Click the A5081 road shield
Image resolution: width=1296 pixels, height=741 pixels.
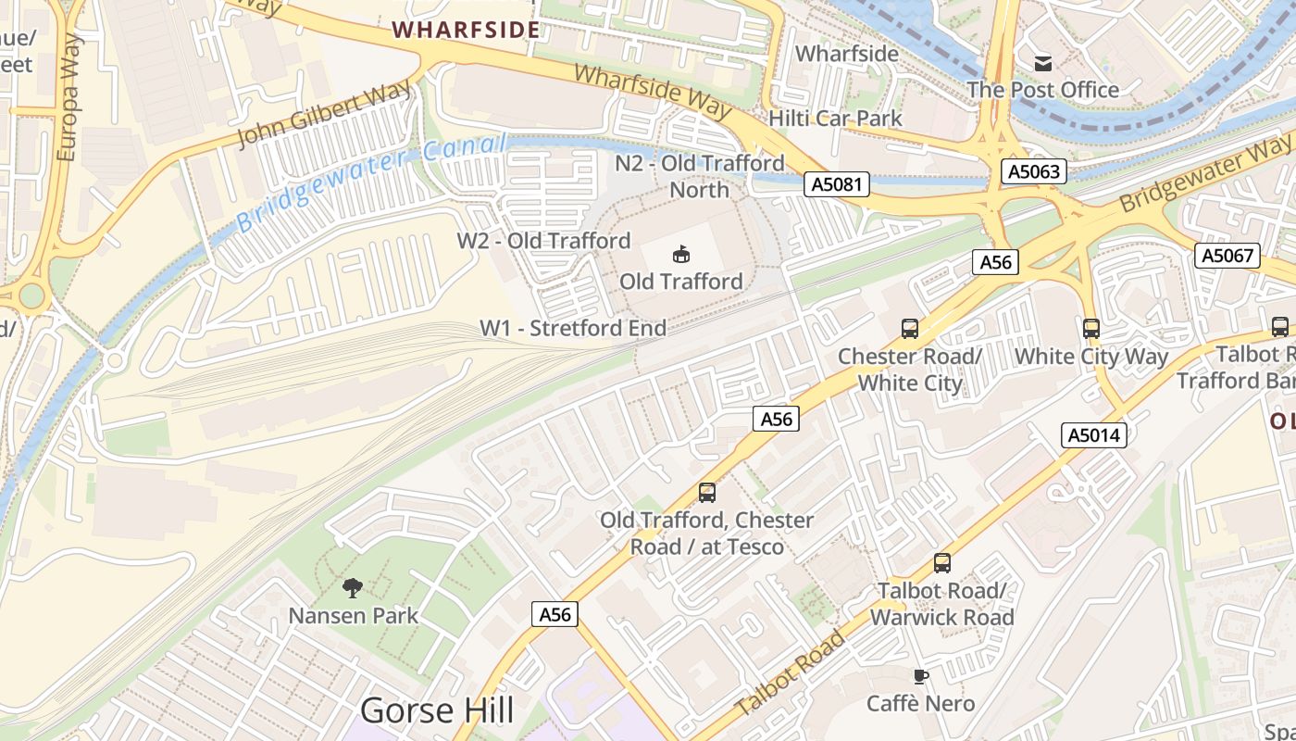click(x=837, y=184)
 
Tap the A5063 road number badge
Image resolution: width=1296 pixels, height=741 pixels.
click(x=1033, y=171)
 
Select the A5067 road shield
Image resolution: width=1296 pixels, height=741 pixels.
click(x=1227, y=256)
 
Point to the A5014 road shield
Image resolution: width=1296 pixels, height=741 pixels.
click(x=1095, y=435)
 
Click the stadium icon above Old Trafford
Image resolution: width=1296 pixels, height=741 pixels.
click(x=681, y=253)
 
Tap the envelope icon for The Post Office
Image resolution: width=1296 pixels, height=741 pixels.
click(x=1043, y=63)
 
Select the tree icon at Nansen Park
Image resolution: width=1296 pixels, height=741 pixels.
click(x=352, y=587)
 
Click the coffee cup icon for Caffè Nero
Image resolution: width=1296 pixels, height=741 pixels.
click(x=920, y=675)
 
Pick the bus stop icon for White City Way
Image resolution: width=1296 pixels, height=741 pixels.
click(x=1091, y=328)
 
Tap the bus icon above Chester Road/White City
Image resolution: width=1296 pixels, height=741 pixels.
click(x=910, y=328)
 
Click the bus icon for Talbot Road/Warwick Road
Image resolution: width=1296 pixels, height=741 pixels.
click(x=942, y=562)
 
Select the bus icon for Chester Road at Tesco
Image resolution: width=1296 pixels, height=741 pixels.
click(x=707, y=492)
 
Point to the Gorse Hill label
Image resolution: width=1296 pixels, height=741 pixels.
click(x=436, y=710)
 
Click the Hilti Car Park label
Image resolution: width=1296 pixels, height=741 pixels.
click(x=835, y=119)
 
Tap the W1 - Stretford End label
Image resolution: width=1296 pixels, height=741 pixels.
click(x=572, y=328)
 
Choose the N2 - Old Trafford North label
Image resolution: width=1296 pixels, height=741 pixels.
click(x=700, y=176)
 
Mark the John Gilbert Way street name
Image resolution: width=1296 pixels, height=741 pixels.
click(x=324, y=114)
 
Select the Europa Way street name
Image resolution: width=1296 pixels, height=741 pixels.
click(x=68, y=97)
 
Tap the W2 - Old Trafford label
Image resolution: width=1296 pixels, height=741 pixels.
click(x=543, y=241)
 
